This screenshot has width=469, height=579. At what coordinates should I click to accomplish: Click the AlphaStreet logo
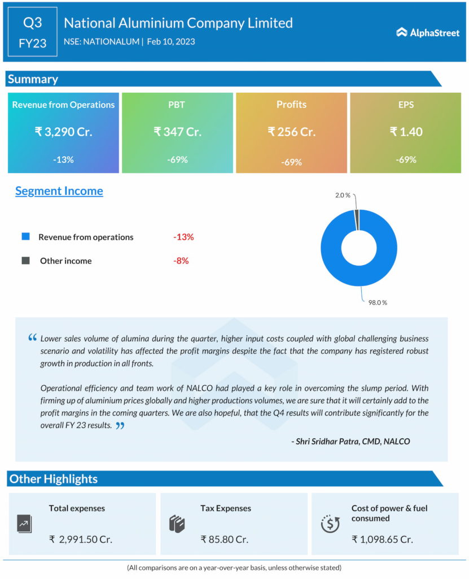click(x=427, y=33)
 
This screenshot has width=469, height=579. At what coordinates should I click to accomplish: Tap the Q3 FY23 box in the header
click(x=32, y=32)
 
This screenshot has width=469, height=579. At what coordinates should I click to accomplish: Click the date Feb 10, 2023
click(x=171, y=41)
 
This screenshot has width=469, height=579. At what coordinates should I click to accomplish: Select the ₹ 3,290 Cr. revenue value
click(x=63, y=132)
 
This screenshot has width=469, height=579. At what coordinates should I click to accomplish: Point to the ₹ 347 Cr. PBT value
click(x=177, y=132)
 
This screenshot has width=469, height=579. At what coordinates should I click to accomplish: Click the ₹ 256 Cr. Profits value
click(x=291, y=132)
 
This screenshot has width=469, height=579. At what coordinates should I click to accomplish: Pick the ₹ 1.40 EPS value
click(x=406, y=132)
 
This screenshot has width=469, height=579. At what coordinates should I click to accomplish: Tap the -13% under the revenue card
click(x=63, y=159)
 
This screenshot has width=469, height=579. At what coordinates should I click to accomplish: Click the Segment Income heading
click(x=59, y=191)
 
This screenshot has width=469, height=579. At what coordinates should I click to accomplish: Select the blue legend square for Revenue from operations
click(x=25, y=236)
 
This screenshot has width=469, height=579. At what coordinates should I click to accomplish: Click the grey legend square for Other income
click(x=25, y=261)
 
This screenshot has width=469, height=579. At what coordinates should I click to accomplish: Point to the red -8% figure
click(x=181, y=261)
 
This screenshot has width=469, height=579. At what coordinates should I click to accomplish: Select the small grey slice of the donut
click(x=356, y=219)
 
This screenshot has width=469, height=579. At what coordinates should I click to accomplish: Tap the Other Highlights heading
click(x=53, y=479)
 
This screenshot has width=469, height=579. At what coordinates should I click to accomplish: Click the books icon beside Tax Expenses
click(x=177, y=524)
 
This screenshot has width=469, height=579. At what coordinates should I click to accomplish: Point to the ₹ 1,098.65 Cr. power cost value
click(x=382, y=539)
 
